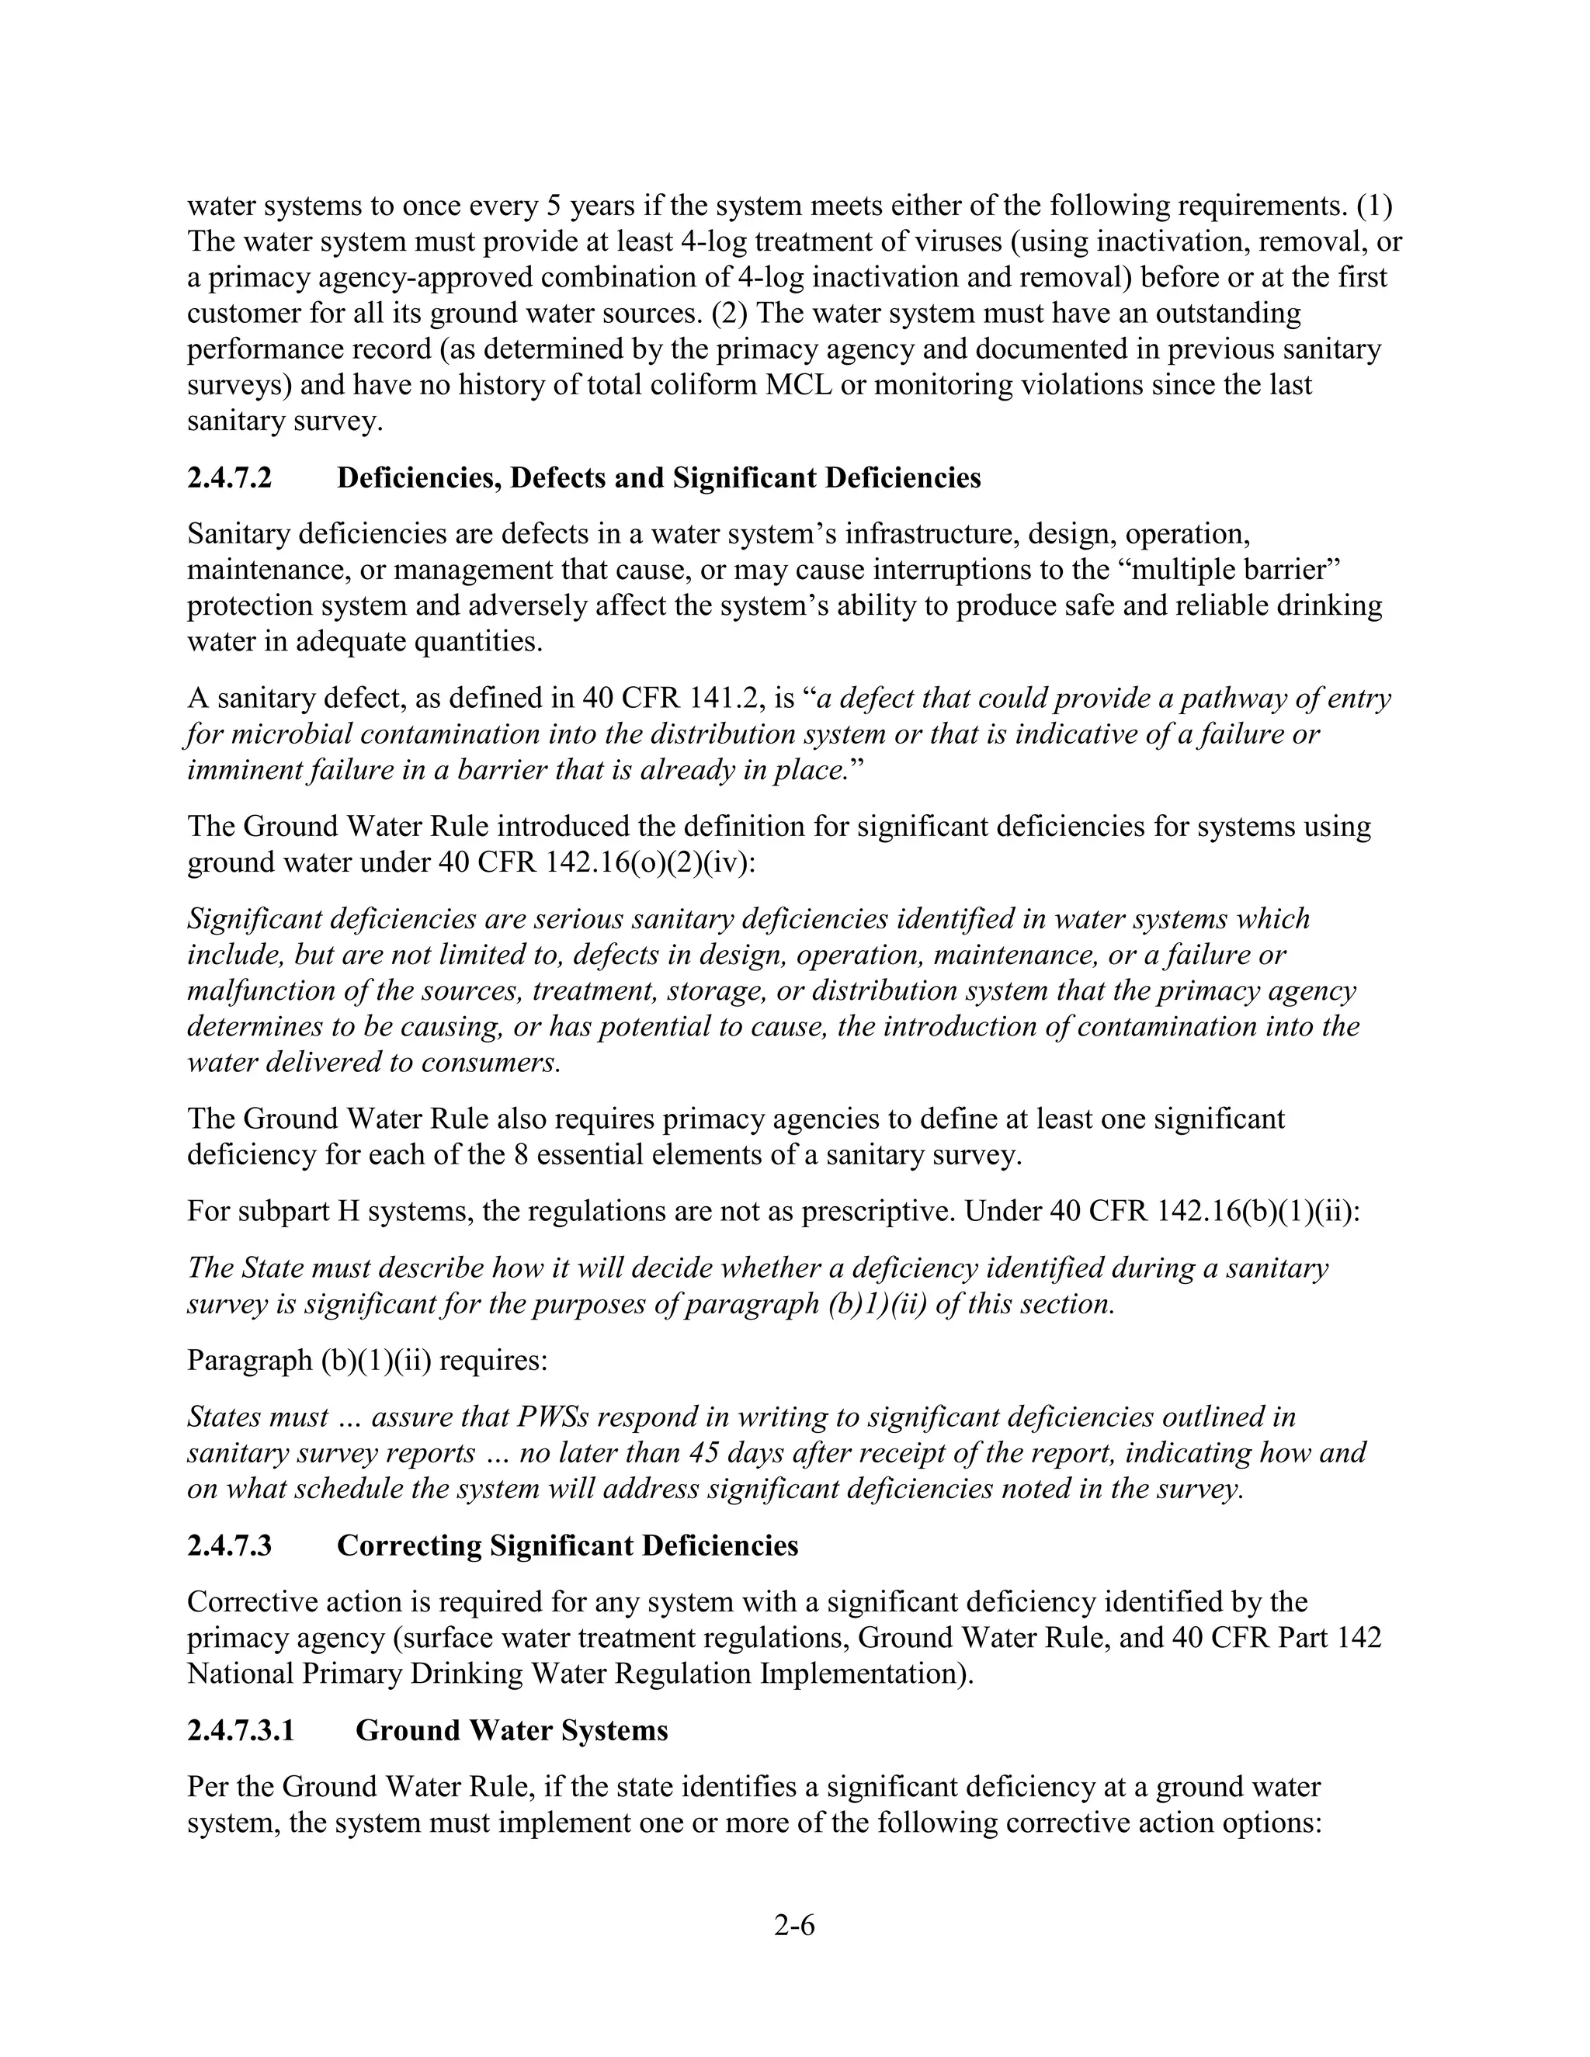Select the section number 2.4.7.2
coord(229,478)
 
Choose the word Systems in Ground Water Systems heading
coord(614,1731)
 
